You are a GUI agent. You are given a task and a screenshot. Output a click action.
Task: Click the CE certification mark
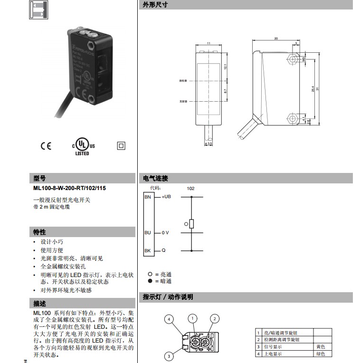pos(46,146)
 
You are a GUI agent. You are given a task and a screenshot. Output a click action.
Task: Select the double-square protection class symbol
pos(121,146)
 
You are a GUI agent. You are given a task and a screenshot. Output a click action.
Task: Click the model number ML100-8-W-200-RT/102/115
pos(69,188)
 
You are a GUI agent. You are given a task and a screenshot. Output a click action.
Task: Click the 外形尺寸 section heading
pos(155,5)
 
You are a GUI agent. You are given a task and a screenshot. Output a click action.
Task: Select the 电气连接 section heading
pos(155,179)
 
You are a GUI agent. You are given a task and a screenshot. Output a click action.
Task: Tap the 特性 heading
pos(39,232)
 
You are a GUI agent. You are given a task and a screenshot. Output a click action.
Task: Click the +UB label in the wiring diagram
pos(166,197)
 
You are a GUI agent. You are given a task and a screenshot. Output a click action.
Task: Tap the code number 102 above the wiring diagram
pos(190,189)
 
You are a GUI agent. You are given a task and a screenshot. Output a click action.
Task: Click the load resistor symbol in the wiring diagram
pos(191,224)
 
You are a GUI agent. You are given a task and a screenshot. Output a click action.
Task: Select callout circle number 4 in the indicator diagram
pos(169,319)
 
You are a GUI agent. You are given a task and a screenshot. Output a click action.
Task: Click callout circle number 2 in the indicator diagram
pos(215,318)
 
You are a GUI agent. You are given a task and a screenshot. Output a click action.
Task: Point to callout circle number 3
pos(168,356)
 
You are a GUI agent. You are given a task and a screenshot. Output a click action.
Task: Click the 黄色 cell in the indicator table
pos(321,347)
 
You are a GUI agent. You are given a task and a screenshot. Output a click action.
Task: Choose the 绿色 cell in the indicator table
pos(321,354)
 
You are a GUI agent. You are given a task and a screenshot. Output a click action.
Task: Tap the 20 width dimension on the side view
pos(276,38)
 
